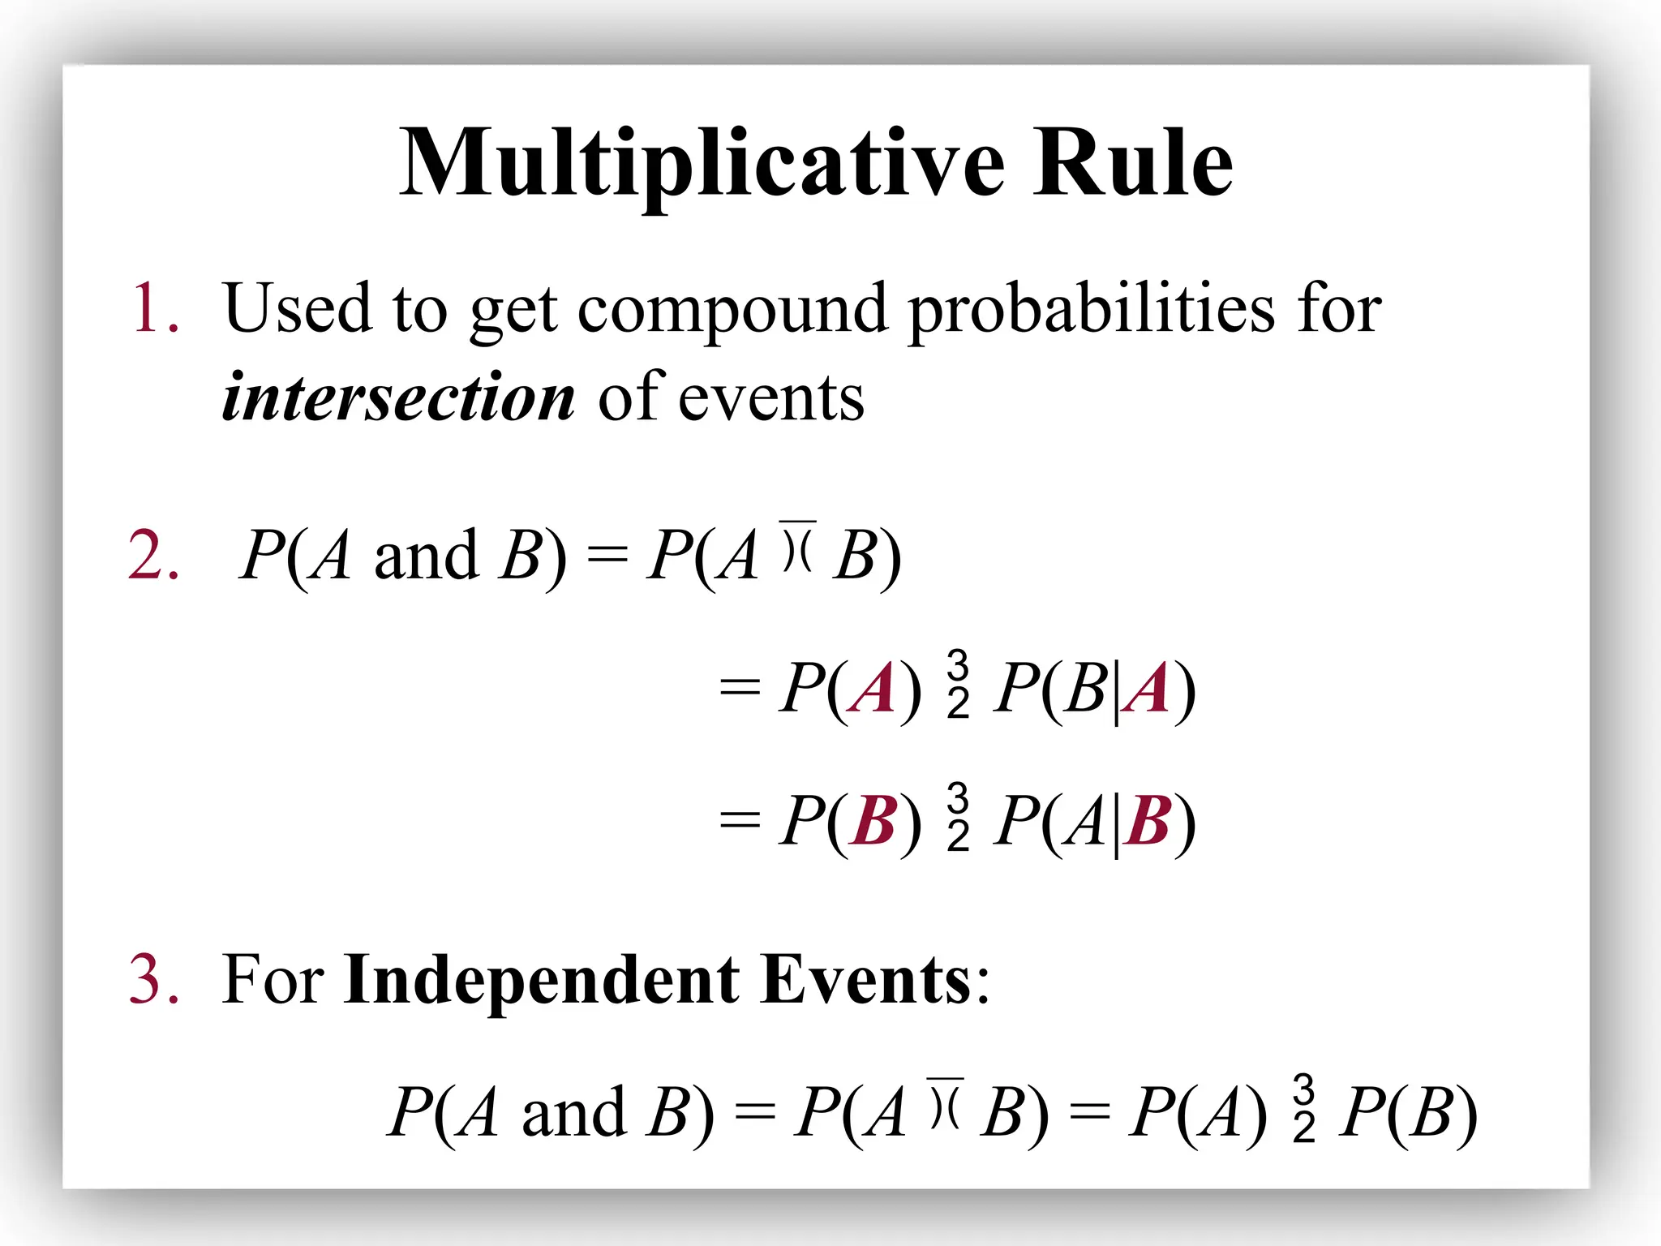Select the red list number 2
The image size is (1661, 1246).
click(154, 556)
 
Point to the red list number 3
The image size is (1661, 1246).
click(154, 980)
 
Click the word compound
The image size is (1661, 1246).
click(732, 310)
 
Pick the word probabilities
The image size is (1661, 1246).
click(1092, 310)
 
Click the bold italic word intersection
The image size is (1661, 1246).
click(398, 398)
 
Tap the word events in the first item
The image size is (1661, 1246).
click(771, 398)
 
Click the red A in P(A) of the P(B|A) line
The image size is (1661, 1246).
click(873, 689)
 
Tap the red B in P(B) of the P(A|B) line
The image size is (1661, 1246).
click(873, 821)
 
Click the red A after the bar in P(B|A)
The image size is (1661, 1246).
click(1148, 689)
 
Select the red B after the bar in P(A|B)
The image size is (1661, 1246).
click(1148, 821)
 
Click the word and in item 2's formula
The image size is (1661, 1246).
click(426, 556)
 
